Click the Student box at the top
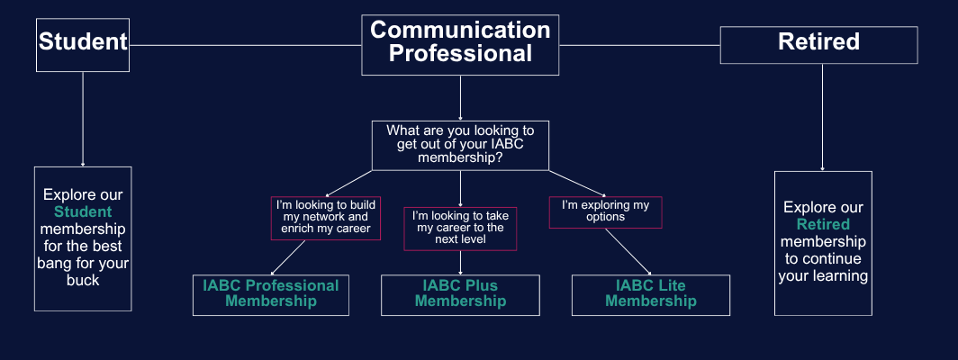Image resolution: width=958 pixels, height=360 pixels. coord(82,43)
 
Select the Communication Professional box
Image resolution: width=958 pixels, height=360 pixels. coord(460,43)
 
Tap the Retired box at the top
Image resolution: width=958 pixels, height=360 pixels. coord(818,44)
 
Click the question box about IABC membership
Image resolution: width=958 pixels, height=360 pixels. coord(460,144)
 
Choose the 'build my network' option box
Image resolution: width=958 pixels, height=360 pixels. coord(326,217)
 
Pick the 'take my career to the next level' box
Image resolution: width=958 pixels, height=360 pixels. coord(460,228)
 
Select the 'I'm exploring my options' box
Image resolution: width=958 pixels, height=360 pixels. coord(605,211)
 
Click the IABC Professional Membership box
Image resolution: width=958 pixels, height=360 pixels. coord(271,294)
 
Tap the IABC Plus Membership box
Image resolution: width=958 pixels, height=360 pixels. coord(460,294)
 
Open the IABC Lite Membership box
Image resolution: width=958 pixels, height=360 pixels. coord(650,294)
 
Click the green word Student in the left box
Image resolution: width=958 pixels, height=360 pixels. coord(82,212)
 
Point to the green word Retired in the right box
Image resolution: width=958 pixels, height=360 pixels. coord(823,224)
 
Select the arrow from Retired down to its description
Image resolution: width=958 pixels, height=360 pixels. coord(822,117)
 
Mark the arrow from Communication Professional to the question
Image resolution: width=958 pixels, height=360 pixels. coord(460,99)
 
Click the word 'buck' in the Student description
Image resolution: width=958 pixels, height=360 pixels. coord(82,280)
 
